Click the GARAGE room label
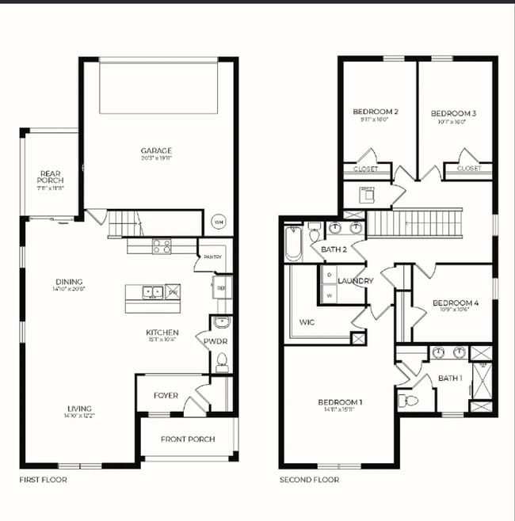coord(156,150)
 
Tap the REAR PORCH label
coord(51,178)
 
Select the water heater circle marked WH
coord(219,222)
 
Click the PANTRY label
coord(212,257)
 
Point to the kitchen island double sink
coord(153,292)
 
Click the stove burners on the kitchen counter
coord(162,247)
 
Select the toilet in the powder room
coord(222,362)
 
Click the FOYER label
coord(166,395)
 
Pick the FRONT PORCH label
coord(188,439)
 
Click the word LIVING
coord(78,409)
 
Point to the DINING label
coord(69,282)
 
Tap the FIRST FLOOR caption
coord(43,480)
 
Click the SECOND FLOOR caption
coord(309,480)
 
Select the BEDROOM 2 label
coord(375,112)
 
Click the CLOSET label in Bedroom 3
coord(469,169)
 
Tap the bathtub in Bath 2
coord(293,243)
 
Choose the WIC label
coord(307,322)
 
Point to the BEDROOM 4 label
coord(456,302)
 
